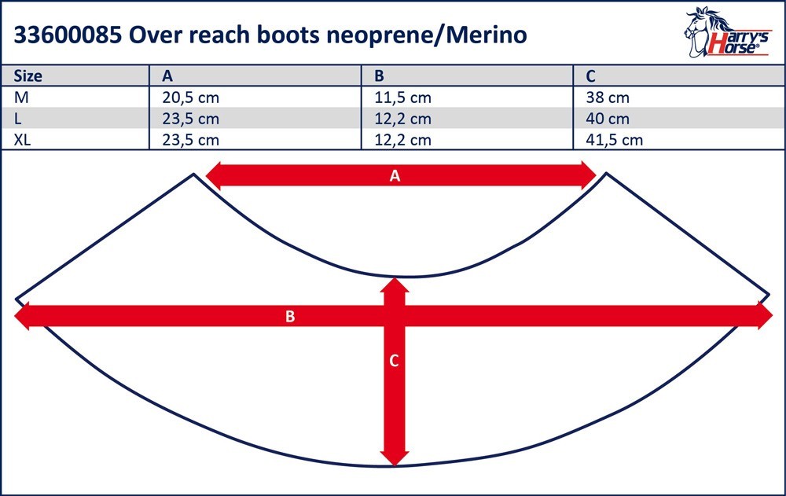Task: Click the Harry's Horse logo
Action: pos(726,32)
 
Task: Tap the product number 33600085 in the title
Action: pos(68,35)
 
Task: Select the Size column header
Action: pos(28,75)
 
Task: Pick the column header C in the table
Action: pos(590,75)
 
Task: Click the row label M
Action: pos(21,97)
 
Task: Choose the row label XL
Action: pos(22,139)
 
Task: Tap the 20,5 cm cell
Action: pos(190,97)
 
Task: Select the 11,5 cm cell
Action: pos(402,97)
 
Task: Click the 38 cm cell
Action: pos(608,97)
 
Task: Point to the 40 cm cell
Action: pos(608,119)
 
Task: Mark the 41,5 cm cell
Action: pos(614,139)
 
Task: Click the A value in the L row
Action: pos(190,119)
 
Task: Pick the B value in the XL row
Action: pos(402,139)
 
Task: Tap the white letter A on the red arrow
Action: pos(395,176)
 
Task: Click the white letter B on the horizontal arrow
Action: pos(290,317)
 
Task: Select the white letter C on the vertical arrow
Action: pos(394,361)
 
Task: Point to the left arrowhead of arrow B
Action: pos(22,316)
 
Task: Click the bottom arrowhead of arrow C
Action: pos(395,458)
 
